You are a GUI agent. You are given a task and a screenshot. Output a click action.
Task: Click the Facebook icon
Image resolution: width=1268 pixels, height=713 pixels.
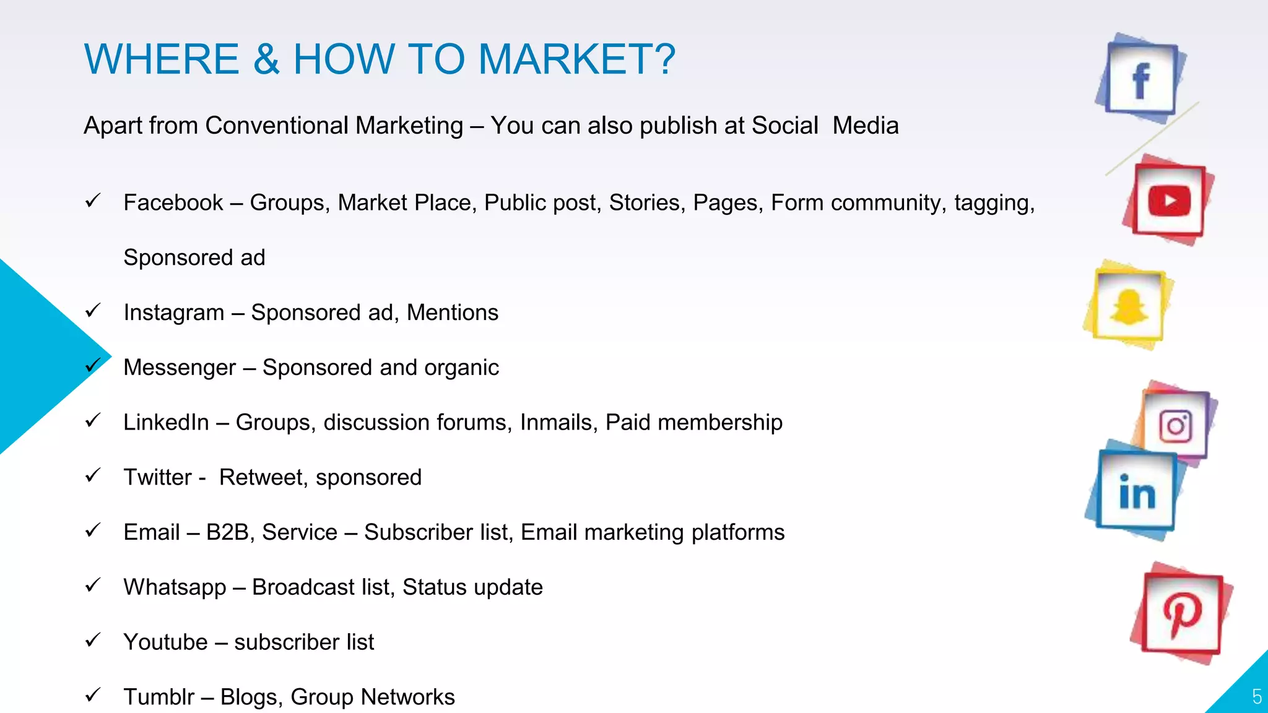[x=1141, y=80]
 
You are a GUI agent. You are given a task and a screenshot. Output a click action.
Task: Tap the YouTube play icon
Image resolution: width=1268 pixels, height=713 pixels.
[x=1169, y=201]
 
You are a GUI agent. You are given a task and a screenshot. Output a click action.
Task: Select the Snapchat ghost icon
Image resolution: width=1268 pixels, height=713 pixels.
[x=1129, y=306]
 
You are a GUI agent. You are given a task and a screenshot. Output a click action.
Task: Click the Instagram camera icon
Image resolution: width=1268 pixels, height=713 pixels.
[x=1175, y=426]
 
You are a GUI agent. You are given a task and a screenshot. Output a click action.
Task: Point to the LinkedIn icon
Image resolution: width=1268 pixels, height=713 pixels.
[x=1137, y=491]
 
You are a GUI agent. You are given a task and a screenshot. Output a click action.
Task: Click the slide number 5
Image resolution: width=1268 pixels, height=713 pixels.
[x=1256, y=697]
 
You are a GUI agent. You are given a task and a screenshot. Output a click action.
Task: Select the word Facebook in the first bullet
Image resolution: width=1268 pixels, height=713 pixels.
[x=173, y=203]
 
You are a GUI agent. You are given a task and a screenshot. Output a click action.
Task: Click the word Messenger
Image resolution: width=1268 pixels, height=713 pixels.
[x=180, y=368]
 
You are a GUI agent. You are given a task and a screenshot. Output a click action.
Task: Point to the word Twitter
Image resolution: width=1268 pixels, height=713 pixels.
[x=158, y=477]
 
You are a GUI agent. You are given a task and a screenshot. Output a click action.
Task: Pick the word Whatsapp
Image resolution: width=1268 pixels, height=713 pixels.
[x=175, y=587]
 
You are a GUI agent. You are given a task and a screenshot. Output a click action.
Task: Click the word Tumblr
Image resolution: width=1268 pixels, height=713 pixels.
[x=159, y=697]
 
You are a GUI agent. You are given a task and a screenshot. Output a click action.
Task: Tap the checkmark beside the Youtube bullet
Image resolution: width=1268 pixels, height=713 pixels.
[x=92, y=640]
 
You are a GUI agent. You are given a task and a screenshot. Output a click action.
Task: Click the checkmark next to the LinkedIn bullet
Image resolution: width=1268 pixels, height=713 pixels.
[x=92, y=421]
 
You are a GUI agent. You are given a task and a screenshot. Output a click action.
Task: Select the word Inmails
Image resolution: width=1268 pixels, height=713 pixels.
[x=558, y=422]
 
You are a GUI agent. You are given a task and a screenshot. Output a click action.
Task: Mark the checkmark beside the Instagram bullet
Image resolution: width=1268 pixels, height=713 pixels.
[x=92, y=311]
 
